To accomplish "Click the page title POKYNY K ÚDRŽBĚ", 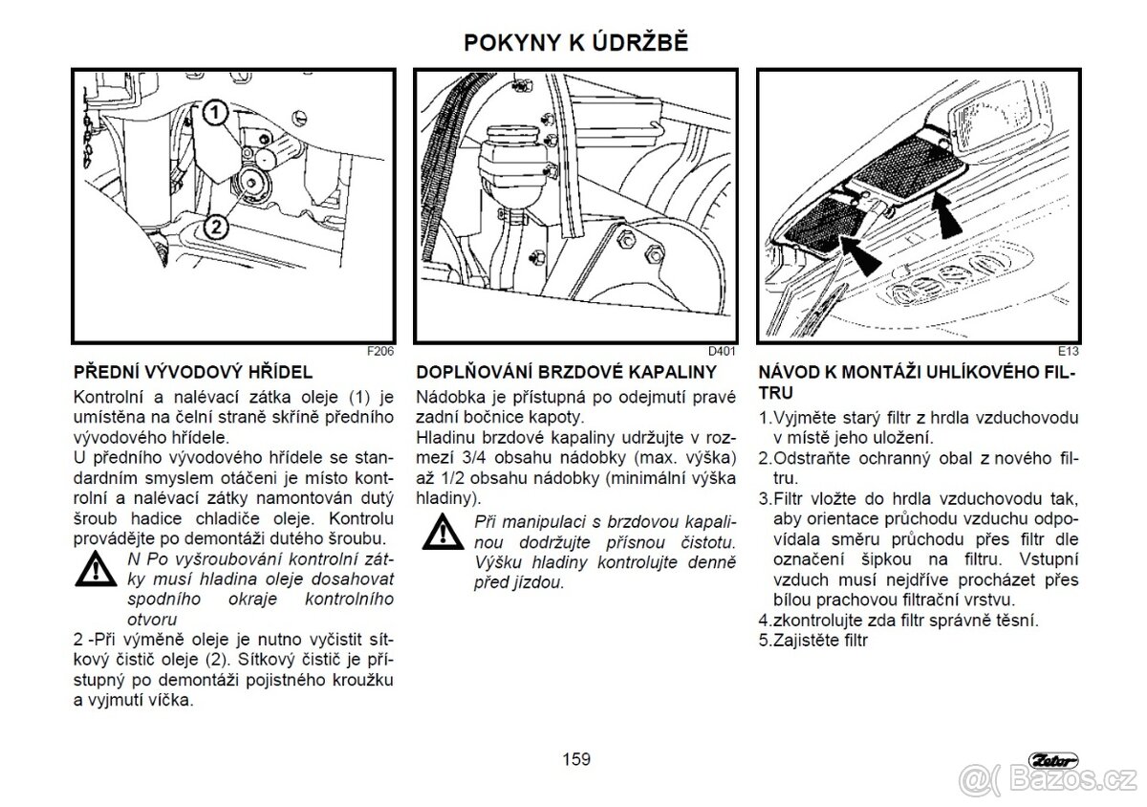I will coord(575,43).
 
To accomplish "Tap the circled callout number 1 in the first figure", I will coord(216,112).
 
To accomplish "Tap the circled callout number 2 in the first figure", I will coord(216,227).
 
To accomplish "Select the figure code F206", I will coord(380,351).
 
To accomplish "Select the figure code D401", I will coord(722,351).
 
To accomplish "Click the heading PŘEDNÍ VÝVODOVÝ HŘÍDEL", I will coord(193,372).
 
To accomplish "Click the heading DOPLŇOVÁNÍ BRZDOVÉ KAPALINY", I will coord(567,372).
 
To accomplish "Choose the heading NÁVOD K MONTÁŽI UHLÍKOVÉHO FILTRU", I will coord(917,382).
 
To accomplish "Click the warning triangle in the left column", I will coord(97,571).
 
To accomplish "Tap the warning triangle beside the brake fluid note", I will coord(441,531).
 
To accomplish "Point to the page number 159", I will coord(575,759).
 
